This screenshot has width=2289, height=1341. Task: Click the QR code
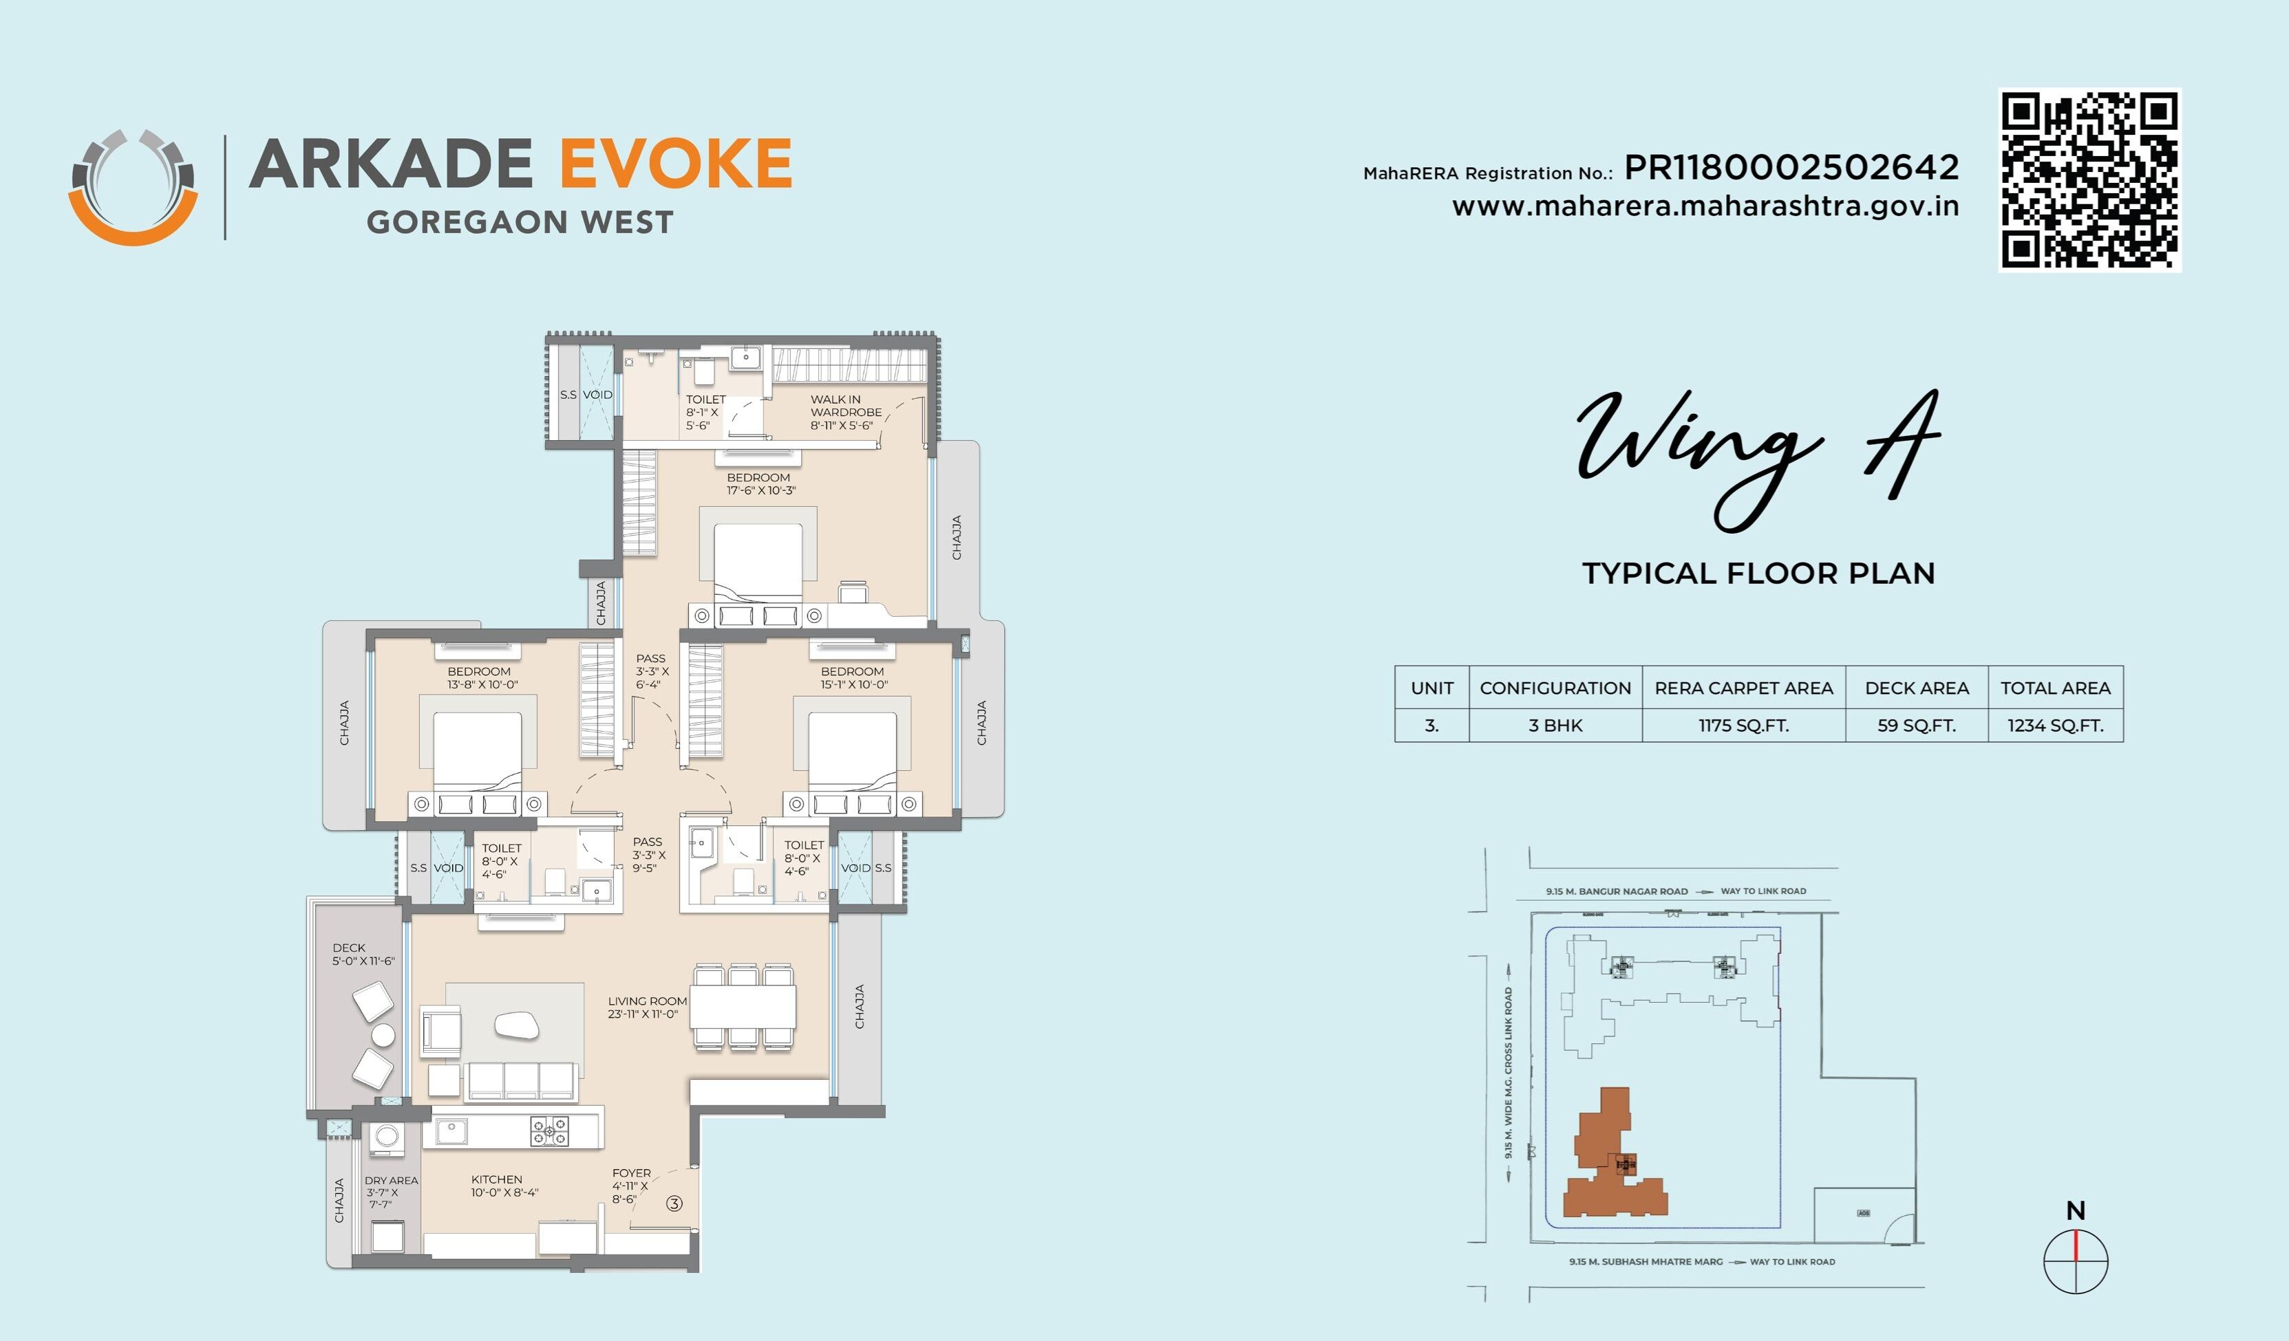[2089, 179]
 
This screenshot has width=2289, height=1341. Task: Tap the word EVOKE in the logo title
[675, 164]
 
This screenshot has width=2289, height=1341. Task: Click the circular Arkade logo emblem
[133, 188]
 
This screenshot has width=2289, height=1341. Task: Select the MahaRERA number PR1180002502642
[1791, 168]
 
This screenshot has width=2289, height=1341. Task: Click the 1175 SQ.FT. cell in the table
[1743, 726]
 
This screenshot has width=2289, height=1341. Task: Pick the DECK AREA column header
[1917, 688]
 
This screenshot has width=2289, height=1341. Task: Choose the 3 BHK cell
[1555, 726]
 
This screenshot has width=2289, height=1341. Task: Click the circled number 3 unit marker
[674, 1203]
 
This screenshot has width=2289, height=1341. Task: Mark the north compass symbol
[2076, 1260]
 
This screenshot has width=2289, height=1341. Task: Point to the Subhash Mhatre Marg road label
[1646, 1261]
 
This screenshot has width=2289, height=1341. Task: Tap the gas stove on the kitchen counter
[550, 1131]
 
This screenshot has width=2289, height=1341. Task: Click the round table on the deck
[383, 1035]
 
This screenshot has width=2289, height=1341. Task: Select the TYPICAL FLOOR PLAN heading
[1758, 574]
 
